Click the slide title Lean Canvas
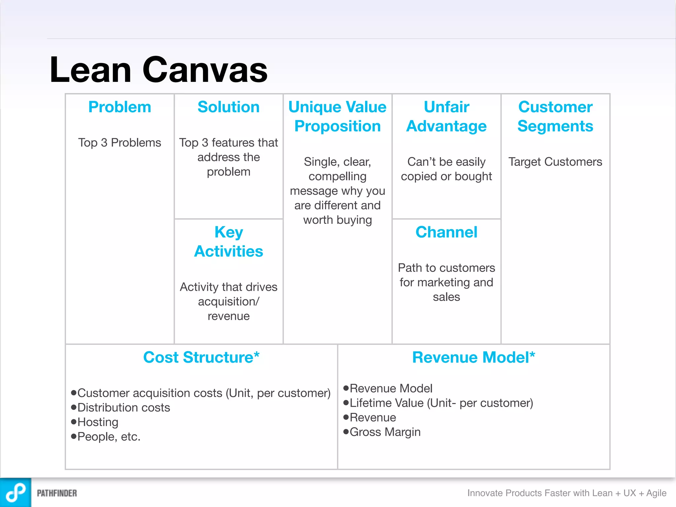tap(158, 70)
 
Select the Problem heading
tap(119, 107)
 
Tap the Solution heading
tap(228, 107)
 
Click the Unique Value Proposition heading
tap(337, 116)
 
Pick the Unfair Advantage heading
tap(446, 116)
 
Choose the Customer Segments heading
tap(555, 116)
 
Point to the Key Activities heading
tap(228, 242)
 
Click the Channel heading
tap(446, 232)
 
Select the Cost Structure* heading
tap(201, 357)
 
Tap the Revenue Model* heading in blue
tap(473, 357)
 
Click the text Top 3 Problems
tap(119, 143)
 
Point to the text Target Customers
tap(555, 162)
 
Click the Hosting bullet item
tap(98, 422)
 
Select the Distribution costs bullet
tap(123, 408)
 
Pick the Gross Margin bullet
tap(385, 432)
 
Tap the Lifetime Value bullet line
tap(441, 403)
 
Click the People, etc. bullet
tap(109, 437)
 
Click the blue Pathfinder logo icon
tap(16, 492)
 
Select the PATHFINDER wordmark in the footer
tap(57, 493)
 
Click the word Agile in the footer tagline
tap(656, 493)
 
